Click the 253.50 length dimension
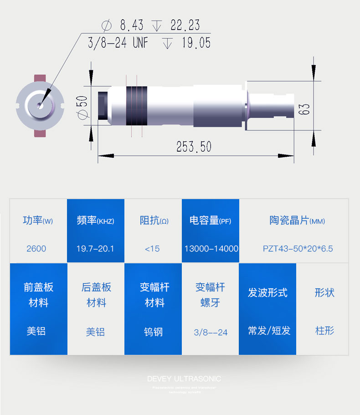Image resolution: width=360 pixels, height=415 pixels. pos(194,147)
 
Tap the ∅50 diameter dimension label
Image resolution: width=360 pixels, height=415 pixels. pos(82,108)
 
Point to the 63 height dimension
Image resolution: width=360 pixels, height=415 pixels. pos(305,108)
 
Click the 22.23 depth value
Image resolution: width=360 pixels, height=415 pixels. pos(185,25)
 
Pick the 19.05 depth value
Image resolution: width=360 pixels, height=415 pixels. pos(196,43)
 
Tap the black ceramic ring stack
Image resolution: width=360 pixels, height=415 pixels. pos(136,105)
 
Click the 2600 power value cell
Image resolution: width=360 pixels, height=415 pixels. pos(36,249)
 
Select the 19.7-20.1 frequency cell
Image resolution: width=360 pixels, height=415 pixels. pos(95,249)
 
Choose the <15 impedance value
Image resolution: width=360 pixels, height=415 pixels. pos(152,249)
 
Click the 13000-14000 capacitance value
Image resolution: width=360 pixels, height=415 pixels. pos(211,249)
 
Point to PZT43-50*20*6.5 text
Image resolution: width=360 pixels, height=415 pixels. pos(298,249)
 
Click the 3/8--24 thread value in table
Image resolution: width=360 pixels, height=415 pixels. pos(211,332)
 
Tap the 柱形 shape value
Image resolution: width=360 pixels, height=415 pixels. pos(325,331)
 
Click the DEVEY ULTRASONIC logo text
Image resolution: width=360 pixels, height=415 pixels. pos(184,379)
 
